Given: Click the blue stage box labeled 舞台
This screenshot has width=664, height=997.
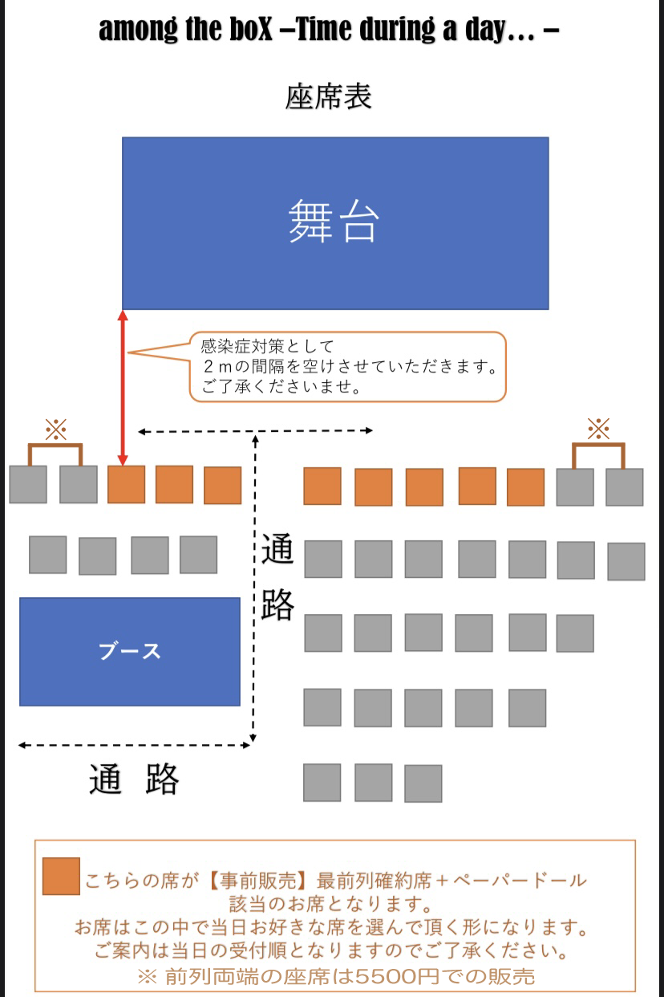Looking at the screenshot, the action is pyautogui.click(x=335, y=223).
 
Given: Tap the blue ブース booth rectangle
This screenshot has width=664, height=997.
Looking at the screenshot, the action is pyautogui.click(x=130, y=652).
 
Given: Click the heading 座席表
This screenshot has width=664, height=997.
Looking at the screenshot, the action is pyautogui.click(x=328, y=96).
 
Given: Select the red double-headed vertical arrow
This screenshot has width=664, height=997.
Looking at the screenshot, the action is pyautogui.click(x=123, y=388).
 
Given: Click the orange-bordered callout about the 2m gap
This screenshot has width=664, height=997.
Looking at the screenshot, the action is pyautogui.click(x=348, y=367).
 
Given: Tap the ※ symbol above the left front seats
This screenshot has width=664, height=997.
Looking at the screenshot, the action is pyautogui.click(x=56, y=429).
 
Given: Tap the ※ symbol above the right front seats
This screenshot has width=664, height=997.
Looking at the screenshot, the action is pyautogui.click(x=598, y=429).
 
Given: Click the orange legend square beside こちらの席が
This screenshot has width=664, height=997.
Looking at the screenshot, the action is pyautogui.click(x=62, y=876).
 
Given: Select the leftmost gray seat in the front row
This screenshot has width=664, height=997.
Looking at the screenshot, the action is pyautogui.click(x=28, y=484).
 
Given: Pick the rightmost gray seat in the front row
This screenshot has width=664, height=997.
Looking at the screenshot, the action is pyautogui.click(x=625, y=487).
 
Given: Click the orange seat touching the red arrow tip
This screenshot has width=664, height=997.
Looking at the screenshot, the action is pyautogui.click(x=127, y=484).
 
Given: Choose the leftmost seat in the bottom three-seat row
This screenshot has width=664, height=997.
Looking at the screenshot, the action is pyautogui.click(x=322, y=783).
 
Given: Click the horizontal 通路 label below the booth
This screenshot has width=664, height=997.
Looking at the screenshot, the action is pyautogui.click(x=134, y=779).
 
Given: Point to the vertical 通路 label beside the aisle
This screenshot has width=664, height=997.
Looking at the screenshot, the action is pyautogui.click(x=277, y=576).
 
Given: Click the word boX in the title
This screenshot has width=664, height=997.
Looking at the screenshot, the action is pyautogui.click(x=250, y=29).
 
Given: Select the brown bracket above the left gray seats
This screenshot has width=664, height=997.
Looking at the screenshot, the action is pyautogui.click(x=55, y=445).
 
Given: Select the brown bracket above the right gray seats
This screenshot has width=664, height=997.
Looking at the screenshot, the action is pyautogui.click(x=598, y=444).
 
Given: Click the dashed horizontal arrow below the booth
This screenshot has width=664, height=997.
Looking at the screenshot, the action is pyautogui.click(x=134, y=745).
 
